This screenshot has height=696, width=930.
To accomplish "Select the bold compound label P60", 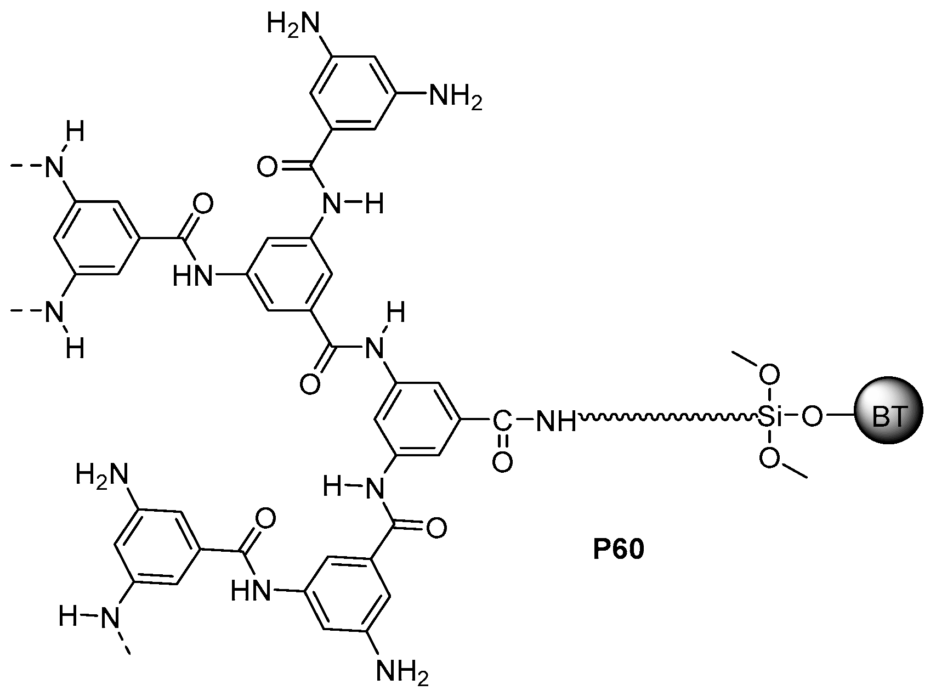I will click(x=618, y=550).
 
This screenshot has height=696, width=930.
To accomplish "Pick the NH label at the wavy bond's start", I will click(x=554, y=421).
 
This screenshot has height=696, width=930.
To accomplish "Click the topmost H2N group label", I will click(x=292, y=25).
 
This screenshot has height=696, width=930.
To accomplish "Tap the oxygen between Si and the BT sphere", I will click(x=813, y=420).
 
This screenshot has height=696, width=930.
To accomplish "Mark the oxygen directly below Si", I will click(x=770, y=460).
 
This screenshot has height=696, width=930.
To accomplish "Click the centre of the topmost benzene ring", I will click(x=353, y=92).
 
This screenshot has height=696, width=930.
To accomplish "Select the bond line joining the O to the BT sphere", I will click(x=840, y=418).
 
